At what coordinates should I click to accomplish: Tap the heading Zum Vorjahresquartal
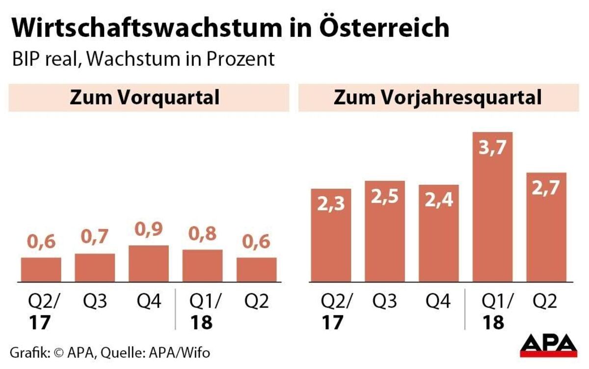pos(437,97)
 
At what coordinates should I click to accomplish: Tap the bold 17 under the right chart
pos(332,322)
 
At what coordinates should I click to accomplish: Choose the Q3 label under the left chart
pos(95,301)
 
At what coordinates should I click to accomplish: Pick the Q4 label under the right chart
pos(438,301)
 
